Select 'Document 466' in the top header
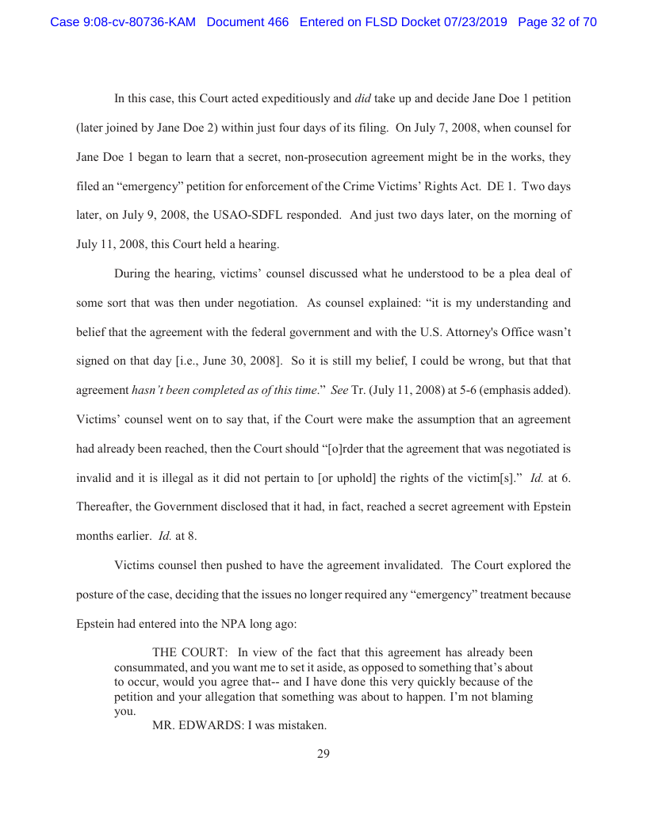point(247,22)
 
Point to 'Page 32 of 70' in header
point(557,22)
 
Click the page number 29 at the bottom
point(323,754)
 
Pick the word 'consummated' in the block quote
point(147,667)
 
